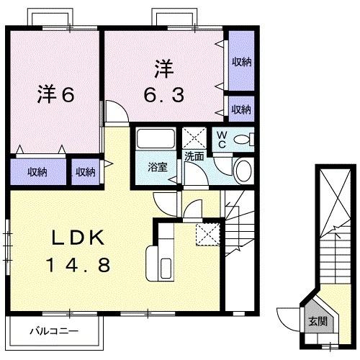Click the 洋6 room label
(55, 96)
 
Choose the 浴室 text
(158, 167)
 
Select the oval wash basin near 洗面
(243, 171)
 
